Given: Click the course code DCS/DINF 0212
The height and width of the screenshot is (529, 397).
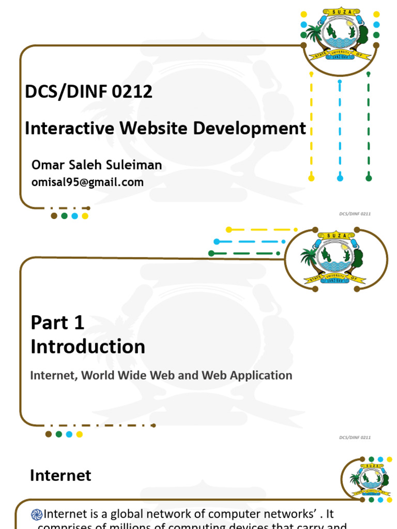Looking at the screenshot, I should (88, 92).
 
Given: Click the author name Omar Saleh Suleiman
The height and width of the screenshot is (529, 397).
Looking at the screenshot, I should (96, 165).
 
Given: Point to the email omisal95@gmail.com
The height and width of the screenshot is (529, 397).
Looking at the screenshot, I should (87, 182).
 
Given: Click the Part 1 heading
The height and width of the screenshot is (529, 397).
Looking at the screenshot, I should (57, 322).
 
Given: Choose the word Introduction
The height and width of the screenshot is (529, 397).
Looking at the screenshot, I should (88, 347).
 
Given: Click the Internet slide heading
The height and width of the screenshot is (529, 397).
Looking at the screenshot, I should (60, 475).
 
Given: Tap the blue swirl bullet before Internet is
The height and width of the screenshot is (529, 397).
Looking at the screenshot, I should (37, 514).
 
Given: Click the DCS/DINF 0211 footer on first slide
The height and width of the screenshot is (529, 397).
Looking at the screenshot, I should (355, 213).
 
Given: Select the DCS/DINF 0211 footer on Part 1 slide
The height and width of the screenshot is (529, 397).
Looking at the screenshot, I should (355, 438).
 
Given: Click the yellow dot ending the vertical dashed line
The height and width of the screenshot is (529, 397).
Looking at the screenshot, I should (311, 178).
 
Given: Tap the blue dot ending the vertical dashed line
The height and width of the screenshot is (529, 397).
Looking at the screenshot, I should (340, 178).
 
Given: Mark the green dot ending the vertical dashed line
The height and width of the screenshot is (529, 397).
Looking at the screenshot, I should (369, 178).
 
